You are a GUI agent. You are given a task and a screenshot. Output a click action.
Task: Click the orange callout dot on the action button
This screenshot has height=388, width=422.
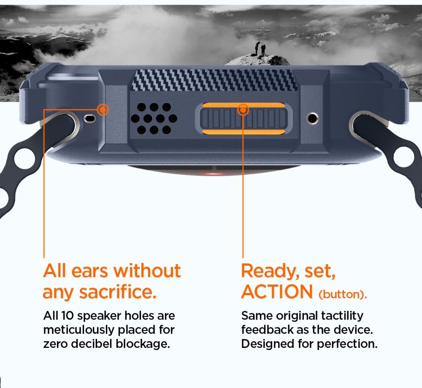pos(243,110)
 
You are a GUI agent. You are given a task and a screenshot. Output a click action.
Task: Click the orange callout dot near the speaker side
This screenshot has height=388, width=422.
pos(103,110)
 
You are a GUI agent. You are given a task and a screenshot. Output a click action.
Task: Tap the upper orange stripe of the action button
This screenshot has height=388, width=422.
pos(243,105)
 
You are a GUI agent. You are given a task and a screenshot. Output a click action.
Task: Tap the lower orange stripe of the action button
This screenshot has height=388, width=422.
pos(243,132)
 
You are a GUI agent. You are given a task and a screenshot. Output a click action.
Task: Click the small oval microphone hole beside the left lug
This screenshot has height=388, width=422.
pos(90,118)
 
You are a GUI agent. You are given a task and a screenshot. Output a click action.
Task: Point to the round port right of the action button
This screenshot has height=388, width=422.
pos(312,118)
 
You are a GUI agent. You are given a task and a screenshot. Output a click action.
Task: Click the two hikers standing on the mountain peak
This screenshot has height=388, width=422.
pos(260,49)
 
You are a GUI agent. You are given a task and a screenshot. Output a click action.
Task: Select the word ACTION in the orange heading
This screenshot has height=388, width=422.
pos(277,292)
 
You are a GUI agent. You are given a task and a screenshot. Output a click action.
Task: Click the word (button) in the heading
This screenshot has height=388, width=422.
pos(343,294)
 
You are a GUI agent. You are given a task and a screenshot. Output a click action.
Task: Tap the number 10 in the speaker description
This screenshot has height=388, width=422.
pos(67,315)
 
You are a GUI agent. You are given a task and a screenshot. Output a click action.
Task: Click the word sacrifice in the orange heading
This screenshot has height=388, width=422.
pos(118,292)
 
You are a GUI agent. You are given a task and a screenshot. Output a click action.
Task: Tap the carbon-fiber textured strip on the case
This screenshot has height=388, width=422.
pos(214,80)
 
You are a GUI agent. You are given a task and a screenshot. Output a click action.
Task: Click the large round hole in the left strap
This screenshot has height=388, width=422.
pos(24,159)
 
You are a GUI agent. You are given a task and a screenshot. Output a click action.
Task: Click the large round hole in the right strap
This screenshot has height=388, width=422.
pos(404,157)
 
